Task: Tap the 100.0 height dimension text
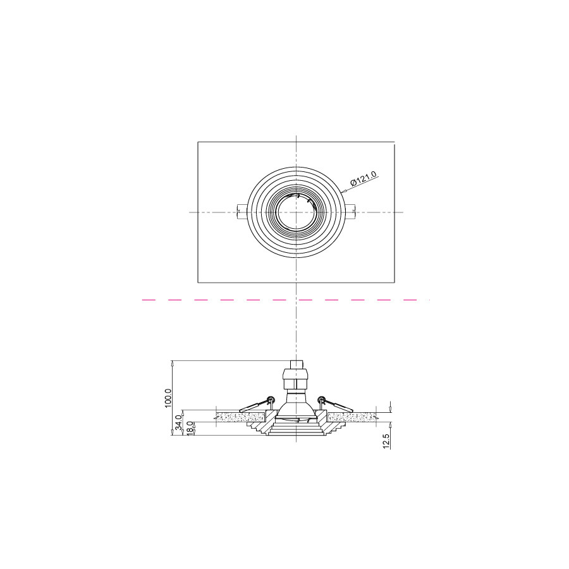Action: [x=168, y=398]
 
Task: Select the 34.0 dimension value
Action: [x=178, y=423]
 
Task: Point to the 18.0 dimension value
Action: [x=190, y=428]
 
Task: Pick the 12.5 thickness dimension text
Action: [x=386, y=441]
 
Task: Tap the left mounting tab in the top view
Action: [x=242, y=212]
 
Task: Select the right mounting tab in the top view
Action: [x=350, y=212]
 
